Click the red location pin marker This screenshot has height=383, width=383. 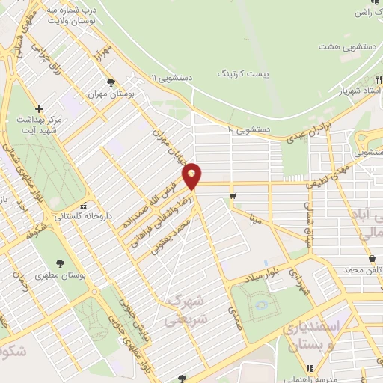click(x=193, y=177)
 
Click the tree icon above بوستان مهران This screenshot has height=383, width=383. click(x=111, y=83)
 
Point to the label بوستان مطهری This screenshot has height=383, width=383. click(x=60, y=275)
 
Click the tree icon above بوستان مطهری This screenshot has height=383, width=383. click(x=60, y=263)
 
